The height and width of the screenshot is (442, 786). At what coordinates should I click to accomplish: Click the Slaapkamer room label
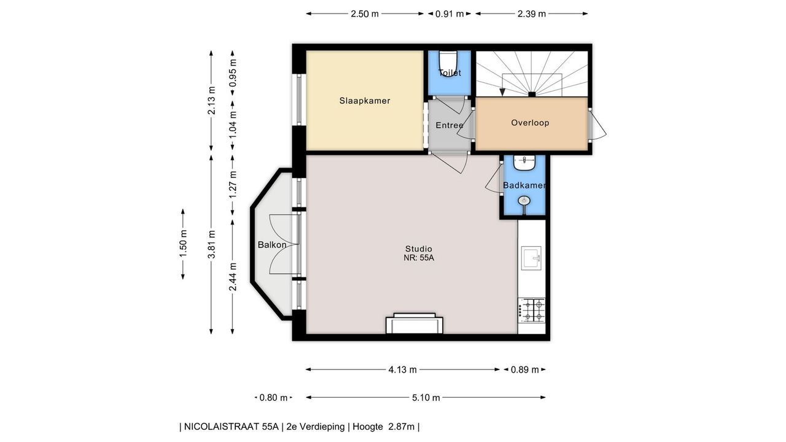point(365,101)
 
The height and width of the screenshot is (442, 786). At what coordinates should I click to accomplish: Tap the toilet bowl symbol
point(448,62)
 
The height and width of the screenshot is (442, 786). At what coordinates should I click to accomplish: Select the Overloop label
point(530,123)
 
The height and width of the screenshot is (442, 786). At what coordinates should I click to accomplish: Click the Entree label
point(449,125)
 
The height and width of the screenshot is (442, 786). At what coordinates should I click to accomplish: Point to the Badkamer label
point(524,185)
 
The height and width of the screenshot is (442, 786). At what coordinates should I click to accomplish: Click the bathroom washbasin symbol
point(524,163)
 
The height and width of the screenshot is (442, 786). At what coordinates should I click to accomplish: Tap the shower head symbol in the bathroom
point(524,201)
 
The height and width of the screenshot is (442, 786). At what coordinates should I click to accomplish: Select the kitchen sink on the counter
point(531,258)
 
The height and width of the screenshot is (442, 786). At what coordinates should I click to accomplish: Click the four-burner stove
point(532,311)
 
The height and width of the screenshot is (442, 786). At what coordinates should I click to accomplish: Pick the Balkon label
point(272,245)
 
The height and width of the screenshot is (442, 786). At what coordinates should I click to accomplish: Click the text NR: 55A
point(419,258)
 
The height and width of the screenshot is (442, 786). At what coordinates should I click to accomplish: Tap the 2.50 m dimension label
point(365,14)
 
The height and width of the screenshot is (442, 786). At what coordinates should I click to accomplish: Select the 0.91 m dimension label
point(449,14)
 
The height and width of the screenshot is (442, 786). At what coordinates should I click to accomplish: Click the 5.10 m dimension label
point(426,398)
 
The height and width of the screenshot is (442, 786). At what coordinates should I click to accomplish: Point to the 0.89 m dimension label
point(524,370)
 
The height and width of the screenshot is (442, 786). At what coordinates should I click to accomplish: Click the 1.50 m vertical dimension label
point(183,244)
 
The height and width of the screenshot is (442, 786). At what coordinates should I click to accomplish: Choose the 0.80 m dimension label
point(273,398)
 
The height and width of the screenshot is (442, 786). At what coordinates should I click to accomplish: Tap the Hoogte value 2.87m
point(402,427)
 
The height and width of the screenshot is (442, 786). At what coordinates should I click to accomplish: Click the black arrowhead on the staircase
point(502,92)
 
